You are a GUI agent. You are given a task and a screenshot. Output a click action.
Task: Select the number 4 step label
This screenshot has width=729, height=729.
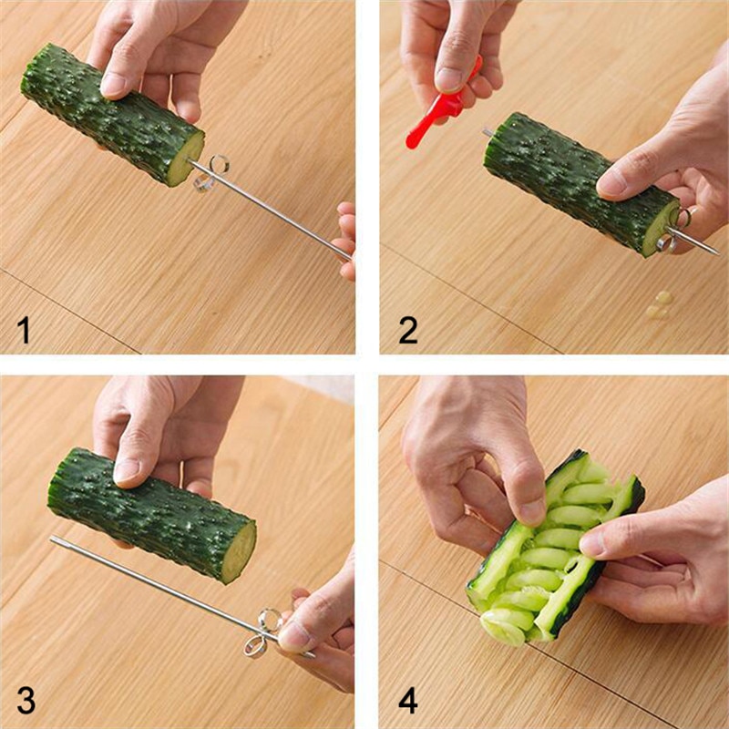pyautogui.click(x=408, y=703)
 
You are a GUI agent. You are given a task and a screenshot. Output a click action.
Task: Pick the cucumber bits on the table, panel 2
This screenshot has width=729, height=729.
pyautogui.click(x=658, y=306)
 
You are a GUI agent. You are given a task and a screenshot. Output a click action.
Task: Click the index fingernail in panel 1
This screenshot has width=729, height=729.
pyautogui.click(x=113, y=85)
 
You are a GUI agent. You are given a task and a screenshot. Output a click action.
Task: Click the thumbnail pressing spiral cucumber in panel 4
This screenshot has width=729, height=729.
pyautogui.click(x=533, y=511)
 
